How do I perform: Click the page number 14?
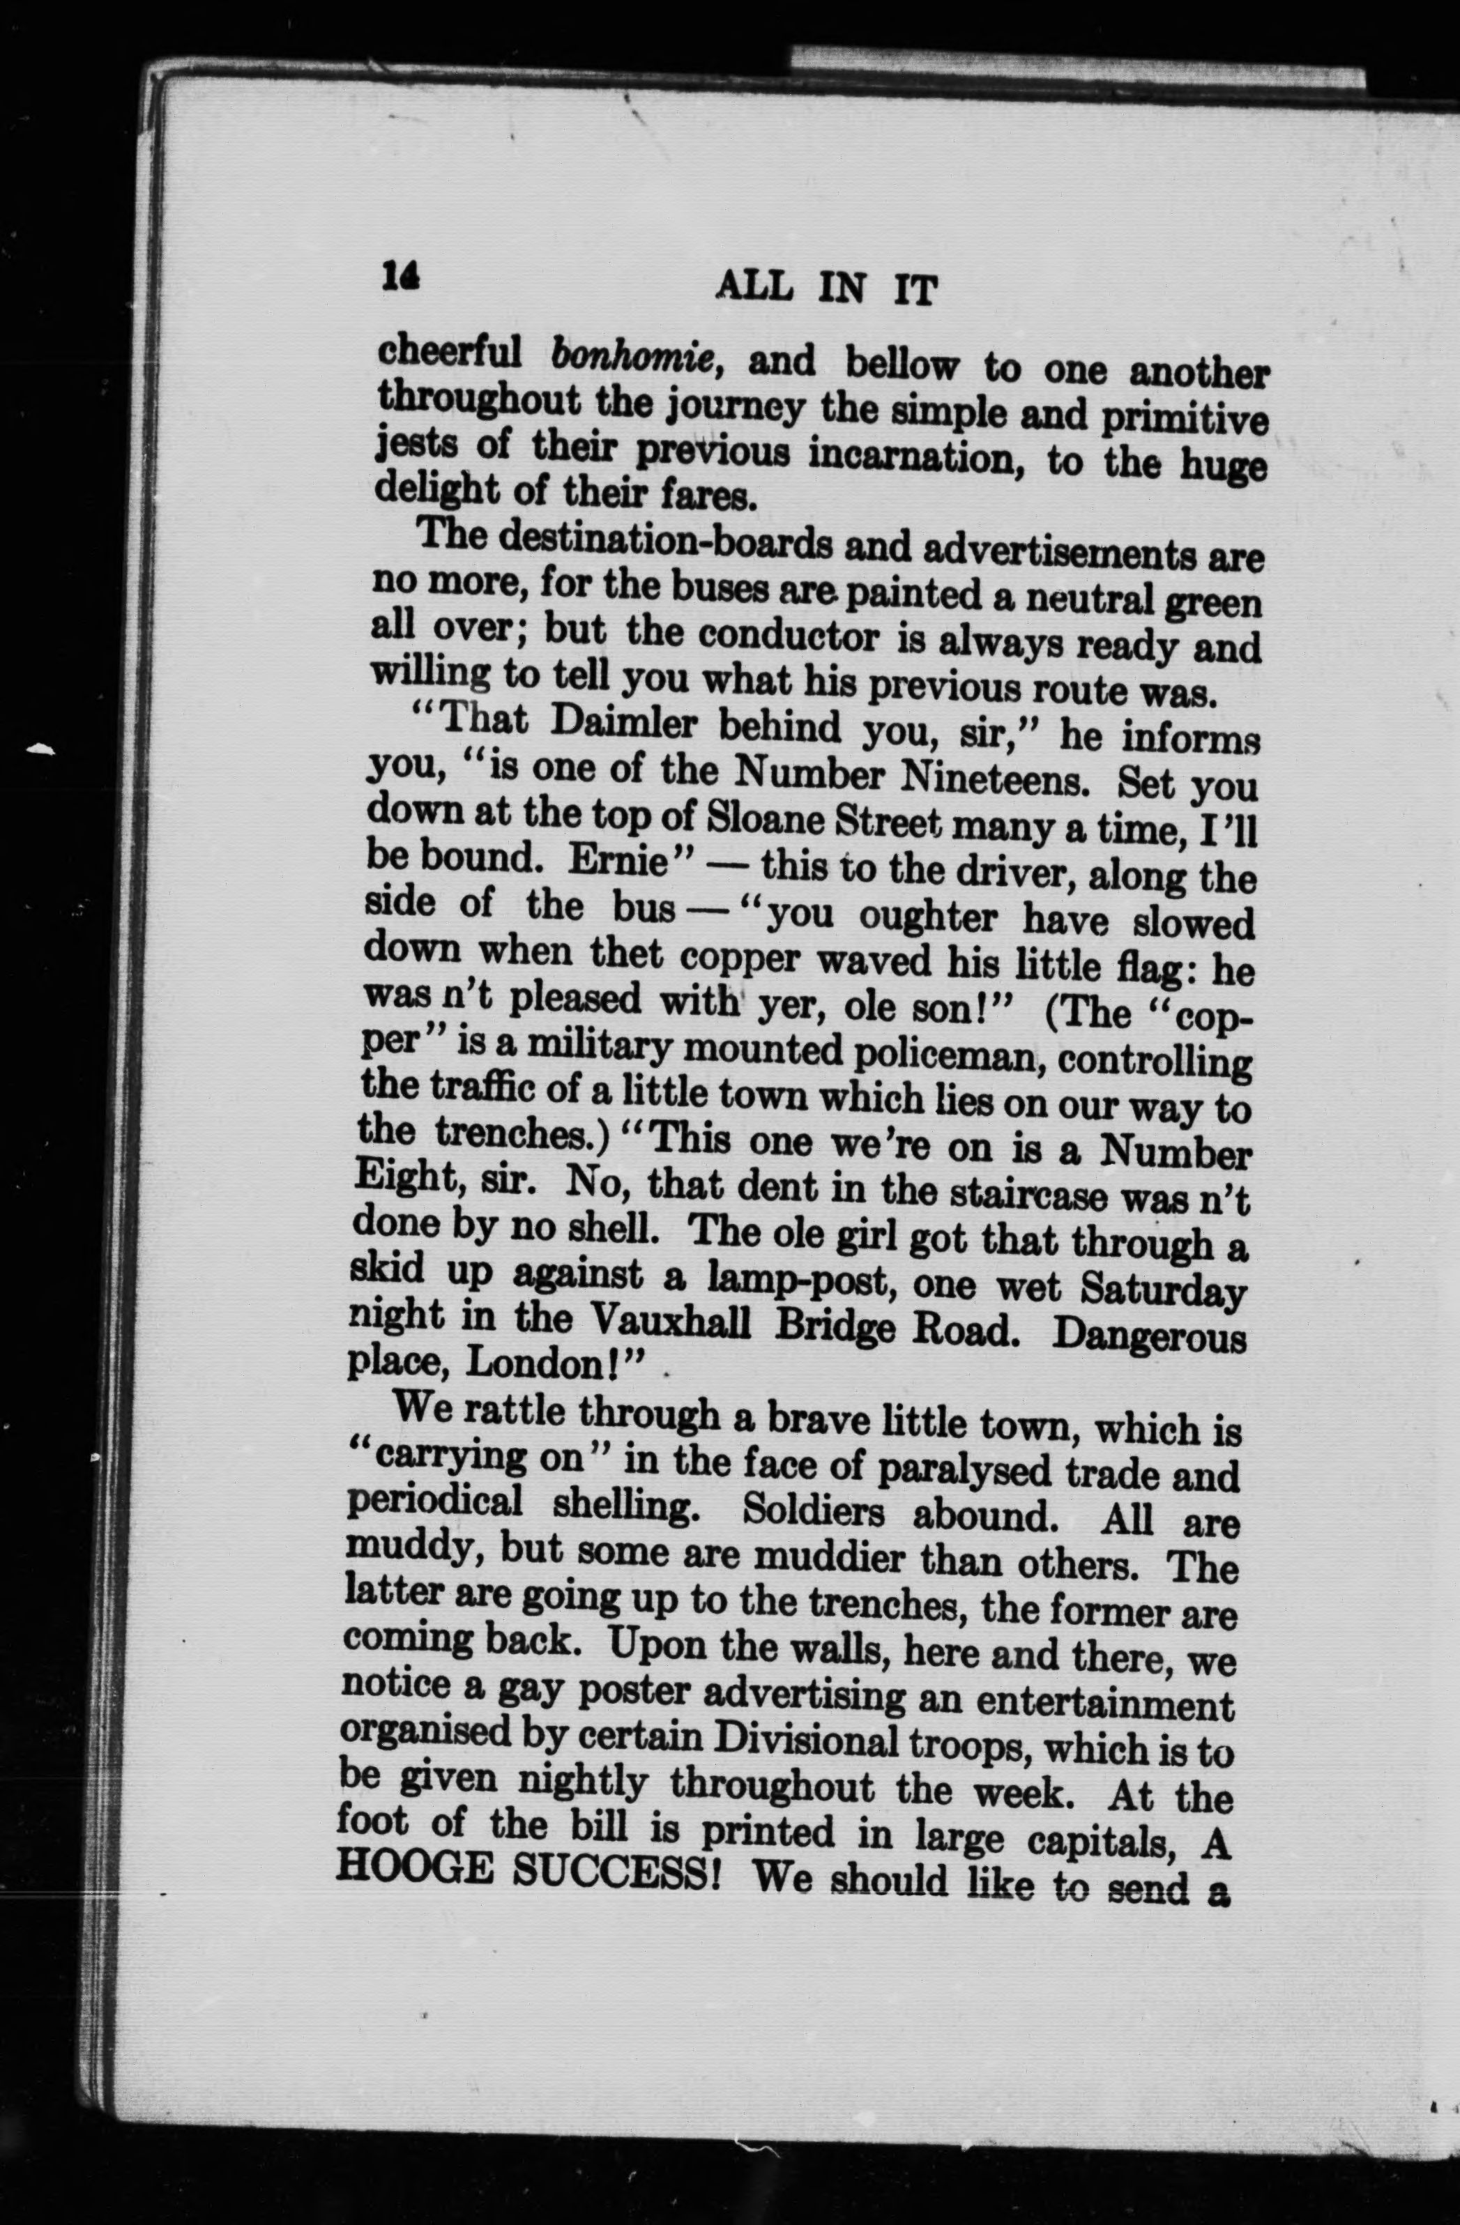coord(400,277)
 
